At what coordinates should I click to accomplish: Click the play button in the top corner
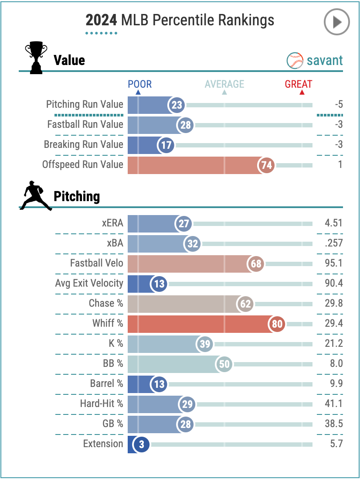[337, 22]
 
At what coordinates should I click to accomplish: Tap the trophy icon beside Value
[36, 58]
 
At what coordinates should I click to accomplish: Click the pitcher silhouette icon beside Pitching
[36, 196]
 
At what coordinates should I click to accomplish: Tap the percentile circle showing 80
[277, 324]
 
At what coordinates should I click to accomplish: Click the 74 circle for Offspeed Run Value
[267, 165]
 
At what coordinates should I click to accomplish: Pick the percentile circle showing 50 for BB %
[224, 364]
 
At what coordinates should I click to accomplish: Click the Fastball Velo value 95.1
[334, 263]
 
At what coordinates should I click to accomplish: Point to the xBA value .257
[334, 243]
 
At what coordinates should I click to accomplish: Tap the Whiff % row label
[108, 324]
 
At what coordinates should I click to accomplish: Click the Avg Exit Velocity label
[89, 284]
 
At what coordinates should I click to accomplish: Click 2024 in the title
[101, 20]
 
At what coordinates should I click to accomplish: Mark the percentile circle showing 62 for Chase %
[246, 304]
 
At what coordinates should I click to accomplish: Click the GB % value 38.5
[334, 424]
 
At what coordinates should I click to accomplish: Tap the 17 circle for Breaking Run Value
[166, 145]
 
